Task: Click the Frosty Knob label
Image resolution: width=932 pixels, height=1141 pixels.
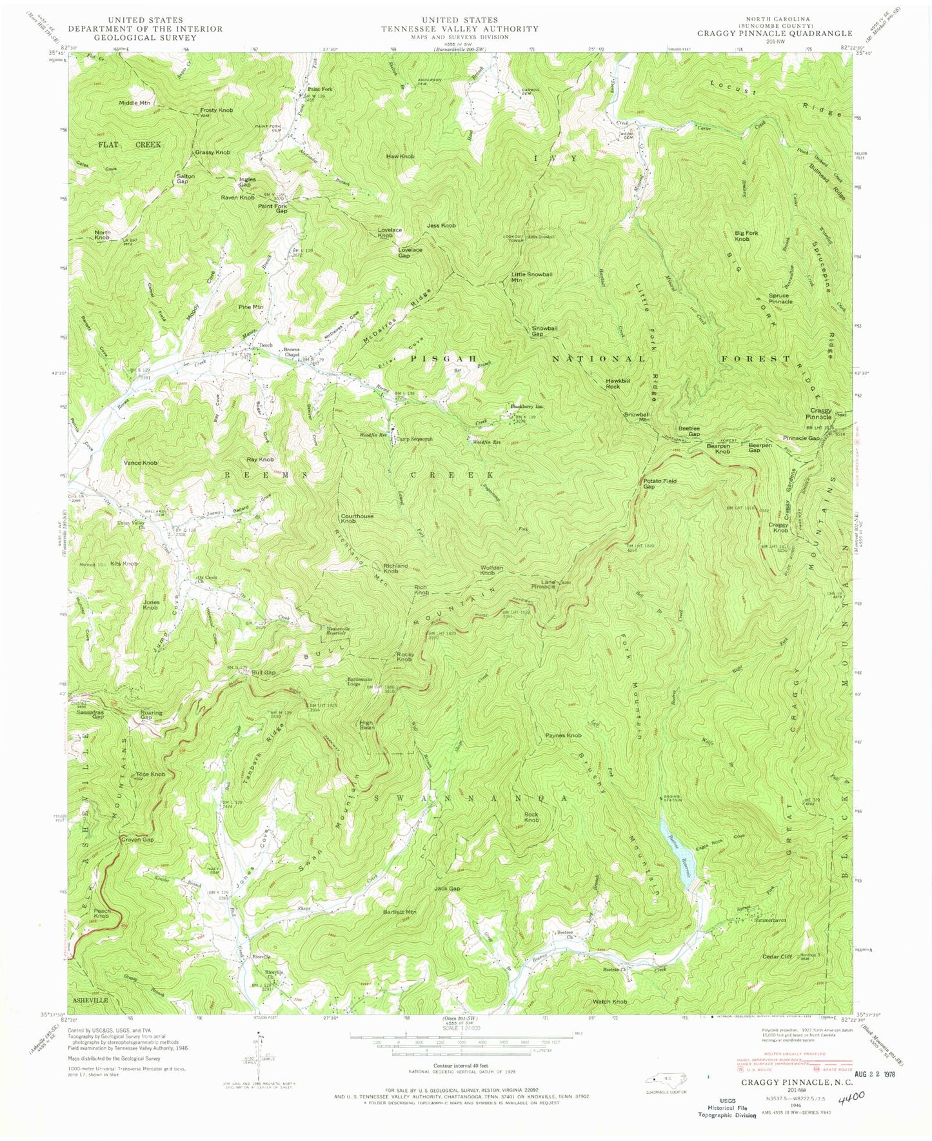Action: [x=216, y=110]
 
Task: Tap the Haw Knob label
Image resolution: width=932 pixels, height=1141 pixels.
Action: [x=400, y=156]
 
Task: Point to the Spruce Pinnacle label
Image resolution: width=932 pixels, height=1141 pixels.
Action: [x=780, y=298]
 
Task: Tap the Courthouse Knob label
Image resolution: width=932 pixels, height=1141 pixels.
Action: [x=358, y=519]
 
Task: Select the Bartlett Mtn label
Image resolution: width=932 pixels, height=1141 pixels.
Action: [x=400, y=911]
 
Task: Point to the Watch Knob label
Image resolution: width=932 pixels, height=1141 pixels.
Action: [x=610, y=1001]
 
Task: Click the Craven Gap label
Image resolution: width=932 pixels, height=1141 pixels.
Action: [x=137, y=840]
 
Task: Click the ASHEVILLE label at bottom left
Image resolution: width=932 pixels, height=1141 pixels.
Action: [x=91, y=999]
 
